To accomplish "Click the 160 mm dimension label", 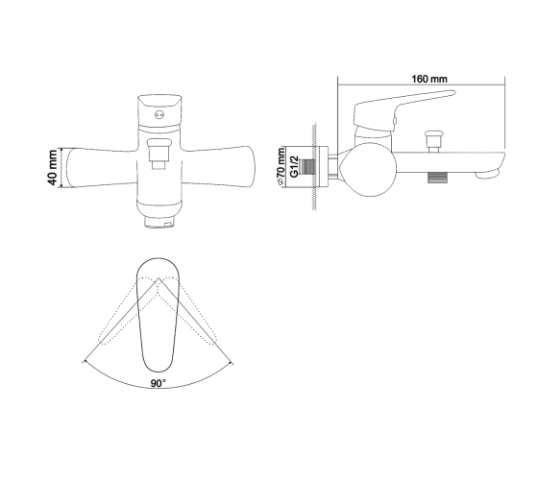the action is click(429, 79).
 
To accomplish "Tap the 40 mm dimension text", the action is click(53, 167).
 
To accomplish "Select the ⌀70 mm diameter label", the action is click(281, 167).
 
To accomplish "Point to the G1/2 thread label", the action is click(294, 167).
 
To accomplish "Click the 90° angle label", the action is click(159, 383).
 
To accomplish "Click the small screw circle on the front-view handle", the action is click(159, 115).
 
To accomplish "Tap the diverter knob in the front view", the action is click(159, 154).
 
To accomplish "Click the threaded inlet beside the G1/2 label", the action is click(307, 167).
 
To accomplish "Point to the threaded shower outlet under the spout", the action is click(438, 178).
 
